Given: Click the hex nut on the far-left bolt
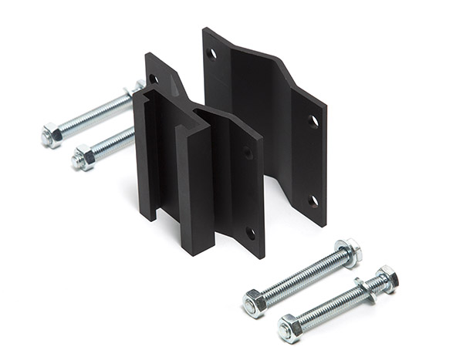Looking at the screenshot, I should (x=51, y=136).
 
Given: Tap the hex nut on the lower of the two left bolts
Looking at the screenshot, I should (x=83, y=159).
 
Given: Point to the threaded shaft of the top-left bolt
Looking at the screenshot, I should (x=93, y=114).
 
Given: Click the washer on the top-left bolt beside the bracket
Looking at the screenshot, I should (x=137, y=88).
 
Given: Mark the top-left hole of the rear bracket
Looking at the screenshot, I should (x=211, y=53).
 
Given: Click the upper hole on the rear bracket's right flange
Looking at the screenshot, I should (x=313, y=121).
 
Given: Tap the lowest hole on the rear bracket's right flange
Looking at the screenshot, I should (x=313, y=200).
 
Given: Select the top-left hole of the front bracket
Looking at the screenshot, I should (x=154, y=78).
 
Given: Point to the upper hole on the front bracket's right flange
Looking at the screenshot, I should (x=248, y=153).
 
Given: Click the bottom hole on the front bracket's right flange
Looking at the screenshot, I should (x=250, y=231).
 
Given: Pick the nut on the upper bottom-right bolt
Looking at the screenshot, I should (x=255, y=303).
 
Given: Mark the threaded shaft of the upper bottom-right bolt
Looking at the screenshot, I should (x=301, y=278).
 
